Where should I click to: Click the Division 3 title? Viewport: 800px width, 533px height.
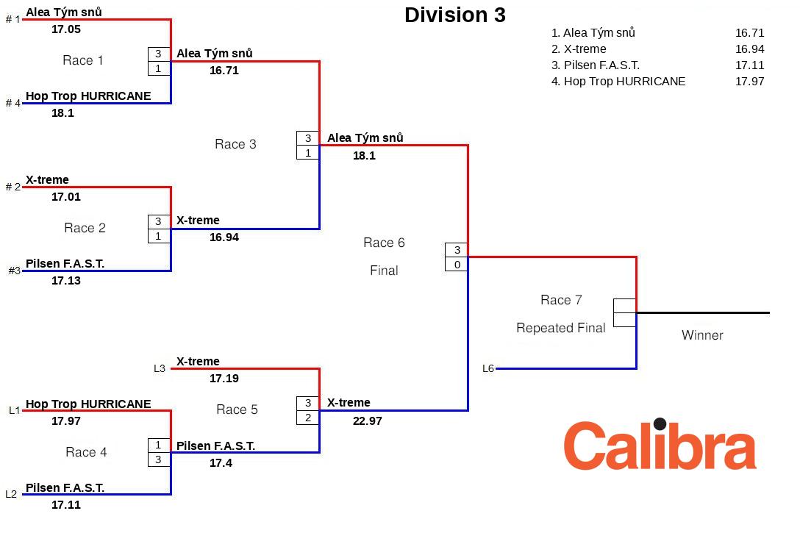(454, 15)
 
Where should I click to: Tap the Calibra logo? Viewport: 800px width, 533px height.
(660, 445)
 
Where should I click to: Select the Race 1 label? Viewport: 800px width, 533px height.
(83, 61)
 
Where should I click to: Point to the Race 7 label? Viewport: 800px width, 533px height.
(561, 300)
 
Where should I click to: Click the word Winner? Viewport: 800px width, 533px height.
(702, 335)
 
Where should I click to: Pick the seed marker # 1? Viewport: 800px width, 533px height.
(13, 19)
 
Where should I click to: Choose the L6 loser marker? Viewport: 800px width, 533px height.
(488, 368)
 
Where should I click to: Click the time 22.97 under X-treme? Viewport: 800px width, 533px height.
(367, 421)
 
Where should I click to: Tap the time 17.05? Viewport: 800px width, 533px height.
(66, 29)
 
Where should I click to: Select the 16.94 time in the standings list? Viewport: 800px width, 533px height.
(749, 49)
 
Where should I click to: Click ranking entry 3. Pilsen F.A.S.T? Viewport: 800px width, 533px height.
(596, 65)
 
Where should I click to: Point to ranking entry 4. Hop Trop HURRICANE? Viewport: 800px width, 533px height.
(618, 82)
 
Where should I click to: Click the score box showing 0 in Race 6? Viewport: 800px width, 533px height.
(457, 264)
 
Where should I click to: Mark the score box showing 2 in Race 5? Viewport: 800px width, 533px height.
(308, 418)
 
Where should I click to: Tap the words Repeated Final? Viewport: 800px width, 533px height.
(561, 328)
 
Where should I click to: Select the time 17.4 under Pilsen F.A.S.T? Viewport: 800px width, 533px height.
(221, 463)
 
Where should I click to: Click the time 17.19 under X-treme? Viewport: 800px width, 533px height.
(224, 379)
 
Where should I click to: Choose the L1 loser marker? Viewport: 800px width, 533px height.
(14, 410)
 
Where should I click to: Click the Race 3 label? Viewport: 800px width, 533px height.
(235, 144)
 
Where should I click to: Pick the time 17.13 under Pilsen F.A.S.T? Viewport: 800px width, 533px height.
(66, 281)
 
